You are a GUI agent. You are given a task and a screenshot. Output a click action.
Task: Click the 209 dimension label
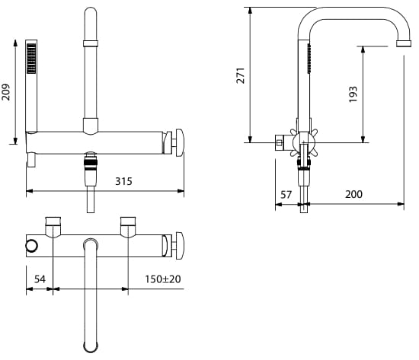click(x=5, y=92)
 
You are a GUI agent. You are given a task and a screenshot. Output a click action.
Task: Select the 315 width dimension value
click(x=123, y=181)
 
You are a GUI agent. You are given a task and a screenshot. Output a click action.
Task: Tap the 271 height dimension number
click(x=241, y=75)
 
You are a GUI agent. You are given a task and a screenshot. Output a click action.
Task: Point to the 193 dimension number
click(x=353, y=94)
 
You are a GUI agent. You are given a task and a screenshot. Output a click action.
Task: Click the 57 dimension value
click(x=286, y=194)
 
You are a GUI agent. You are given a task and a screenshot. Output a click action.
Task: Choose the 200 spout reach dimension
click(x=353, y=194)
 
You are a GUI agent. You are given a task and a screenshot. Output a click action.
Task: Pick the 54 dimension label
click(x=40, y=279)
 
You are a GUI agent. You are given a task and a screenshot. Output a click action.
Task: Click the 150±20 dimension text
click(x=163, y=279)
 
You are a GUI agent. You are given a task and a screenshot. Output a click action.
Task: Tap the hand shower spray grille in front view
click(x=31, y=58)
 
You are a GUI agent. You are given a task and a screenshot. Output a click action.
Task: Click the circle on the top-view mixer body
click(x=31, y=246)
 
